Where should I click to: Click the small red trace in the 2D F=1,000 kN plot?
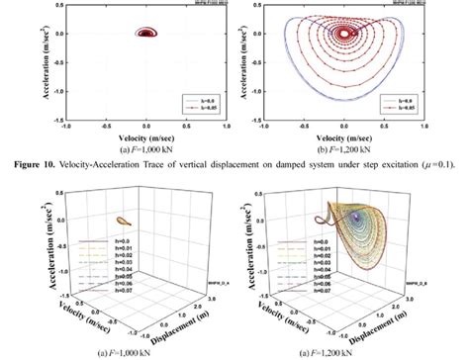click(x=147, y=33)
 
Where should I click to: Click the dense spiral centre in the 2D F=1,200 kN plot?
click(x=345, y=33)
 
